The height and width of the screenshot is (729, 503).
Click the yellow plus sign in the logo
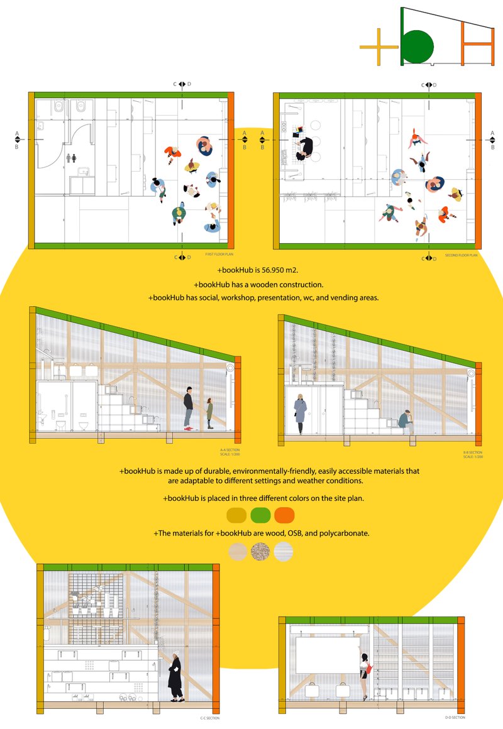click(x=380, y=47)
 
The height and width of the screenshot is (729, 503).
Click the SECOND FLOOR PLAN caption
click(x=461, y=256)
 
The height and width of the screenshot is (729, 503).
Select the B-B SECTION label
click(x=472, y=452)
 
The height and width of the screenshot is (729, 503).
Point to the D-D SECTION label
click(x=455, y=717)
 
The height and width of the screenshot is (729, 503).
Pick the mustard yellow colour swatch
click(x=237, y=515)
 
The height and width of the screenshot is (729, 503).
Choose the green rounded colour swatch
click(x=260, y=515)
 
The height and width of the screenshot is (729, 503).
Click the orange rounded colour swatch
click(x=284, y=515)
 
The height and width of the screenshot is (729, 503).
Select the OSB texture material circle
click(x=260, y=551)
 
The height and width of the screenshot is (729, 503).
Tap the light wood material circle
click(x=237, y=551)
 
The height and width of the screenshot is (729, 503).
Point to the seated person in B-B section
click(x=406, y=421)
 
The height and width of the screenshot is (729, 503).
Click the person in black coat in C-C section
click(x=175, y=677)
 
